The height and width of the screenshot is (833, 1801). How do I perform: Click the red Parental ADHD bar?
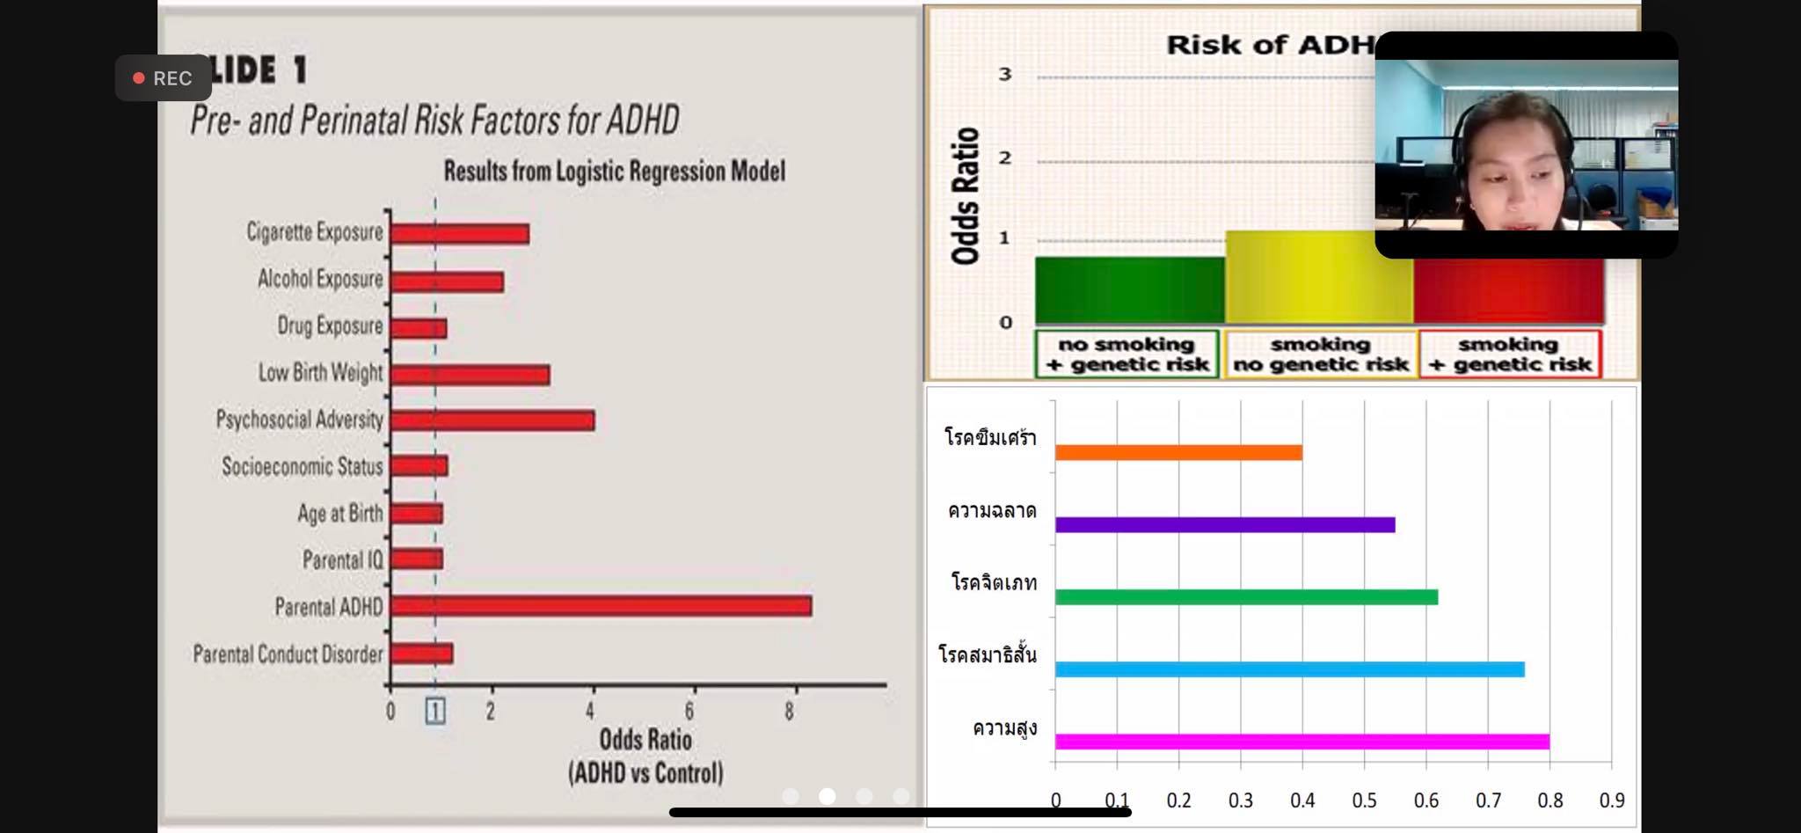[601, 606]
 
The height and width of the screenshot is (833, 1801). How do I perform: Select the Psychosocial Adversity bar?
[492, 420]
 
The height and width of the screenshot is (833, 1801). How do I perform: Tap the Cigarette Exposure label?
[315, 232]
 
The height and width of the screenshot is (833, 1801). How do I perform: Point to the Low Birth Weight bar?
[470, 375]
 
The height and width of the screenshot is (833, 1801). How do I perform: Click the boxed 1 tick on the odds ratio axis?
[435, 711]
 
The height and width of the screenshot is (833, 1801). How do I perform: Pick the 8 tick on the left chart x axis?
[789, 711]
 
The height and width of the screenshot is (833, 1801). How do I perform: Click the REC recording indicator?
[164, 78]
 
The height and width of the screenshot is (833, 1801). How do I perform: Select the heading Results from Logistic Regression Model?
[614, 171]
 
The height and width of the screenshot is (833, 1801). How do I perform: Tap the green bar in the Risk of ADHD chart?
[1129, 290]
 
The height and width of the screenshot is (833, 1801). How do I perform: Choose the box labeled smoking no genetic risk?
[1320, 354]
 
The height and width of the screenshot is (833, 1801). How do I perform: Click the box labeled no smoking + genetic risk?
[1127, 354]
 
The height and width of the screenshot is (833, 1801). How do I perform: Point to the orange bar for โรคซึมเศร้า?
[1178, 453]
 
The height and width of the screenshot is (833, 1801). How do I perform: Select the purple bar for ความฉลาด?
[1225, 525]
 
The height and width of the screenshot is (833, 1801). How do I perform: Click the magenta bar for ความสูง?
[1302, 742]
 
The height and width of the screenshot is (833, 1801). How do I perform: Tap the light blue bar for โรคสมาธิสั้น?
[1289, 670]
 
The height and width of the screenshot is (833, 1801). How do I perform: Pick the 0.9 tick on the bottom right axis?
[1611, 800]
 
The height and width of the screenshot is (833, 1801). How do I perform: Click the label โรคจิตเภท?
[994, 583]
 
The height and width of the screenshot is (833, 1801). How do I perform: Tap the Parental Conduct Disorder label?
[288, 654]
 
